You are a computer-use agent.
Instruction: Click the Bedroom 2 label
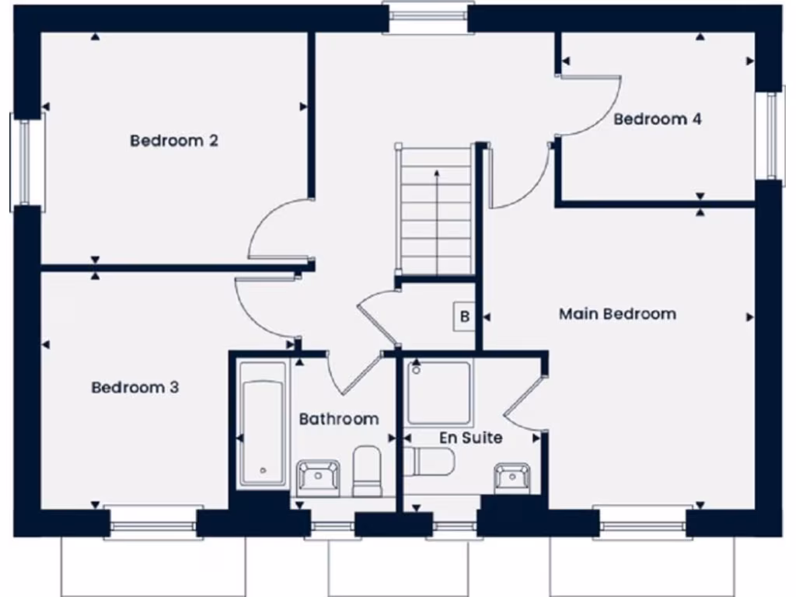[x=174, y=141]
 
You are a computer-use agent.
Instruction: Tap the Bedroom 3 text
[x=135, y=387]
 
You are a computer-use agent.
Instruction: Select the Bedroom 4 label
[x=658, y=119]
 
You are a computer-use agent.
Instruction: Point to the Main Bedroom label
[x=617, y=314]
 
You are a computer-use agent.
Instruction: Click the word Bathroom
[x=339, y=419]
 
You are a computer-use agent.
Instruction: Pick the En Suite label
[x=471, y=438]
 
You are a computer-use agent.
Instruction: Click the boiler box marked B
[x=465, y=316]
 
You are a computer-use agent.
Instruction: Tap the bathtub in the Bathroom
[x=263, y=423]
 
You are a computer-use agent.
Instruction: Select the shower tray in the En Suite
[x=439, y=393]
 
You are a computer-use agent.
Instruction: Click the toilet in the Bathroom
[x=367, y=471]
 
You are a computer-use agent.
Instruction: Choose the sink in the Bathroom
[x=319, y=477]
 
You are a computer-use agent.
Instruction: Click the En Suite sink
[x=512, y=477]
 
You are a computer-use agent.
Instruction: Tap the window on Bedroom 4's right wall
[x=770, y=137]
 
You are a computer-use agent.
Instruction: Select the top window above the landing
[x=428, y=16]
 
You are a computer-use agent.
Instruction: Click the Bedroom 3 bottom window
[x=153, y=524]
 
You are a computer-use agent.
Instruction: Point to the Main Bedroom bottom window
[x=641, y=524]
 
